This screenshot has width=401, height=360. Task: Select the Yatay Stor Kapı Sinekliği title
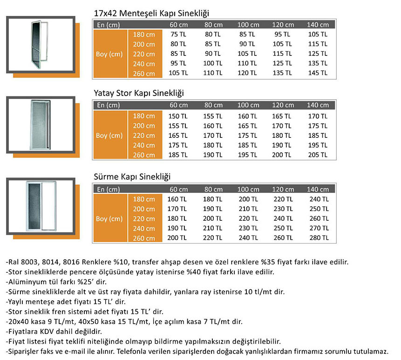coord(139,94)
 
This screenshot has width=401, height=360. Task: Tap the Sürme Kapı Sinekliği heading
coord(132,177)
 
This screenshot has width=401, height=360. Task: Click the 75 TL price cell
coord(178,34)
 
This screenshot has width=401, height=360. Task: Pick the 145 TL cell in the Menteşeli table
coord(318,73)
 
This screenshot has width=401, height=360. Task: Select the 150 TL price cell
coord(178,116)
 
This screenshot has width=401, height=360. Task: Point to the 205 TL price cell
coord(318,155)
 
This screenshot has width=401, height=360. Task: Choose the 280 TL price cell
coord(318,238)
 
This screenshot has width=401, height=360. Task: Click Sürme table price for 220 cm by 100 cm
coord(248,219)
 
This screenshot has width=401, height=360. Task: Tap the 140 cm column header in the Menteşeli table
coord(318,25)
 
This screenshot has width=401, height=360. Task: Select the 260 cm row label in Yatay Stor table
coord(144,155)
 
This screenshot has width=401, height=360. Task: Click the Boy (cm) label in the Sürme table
coord(109,219)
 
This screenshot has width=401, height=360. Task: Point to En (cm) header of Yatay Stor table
coord(108,105)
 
